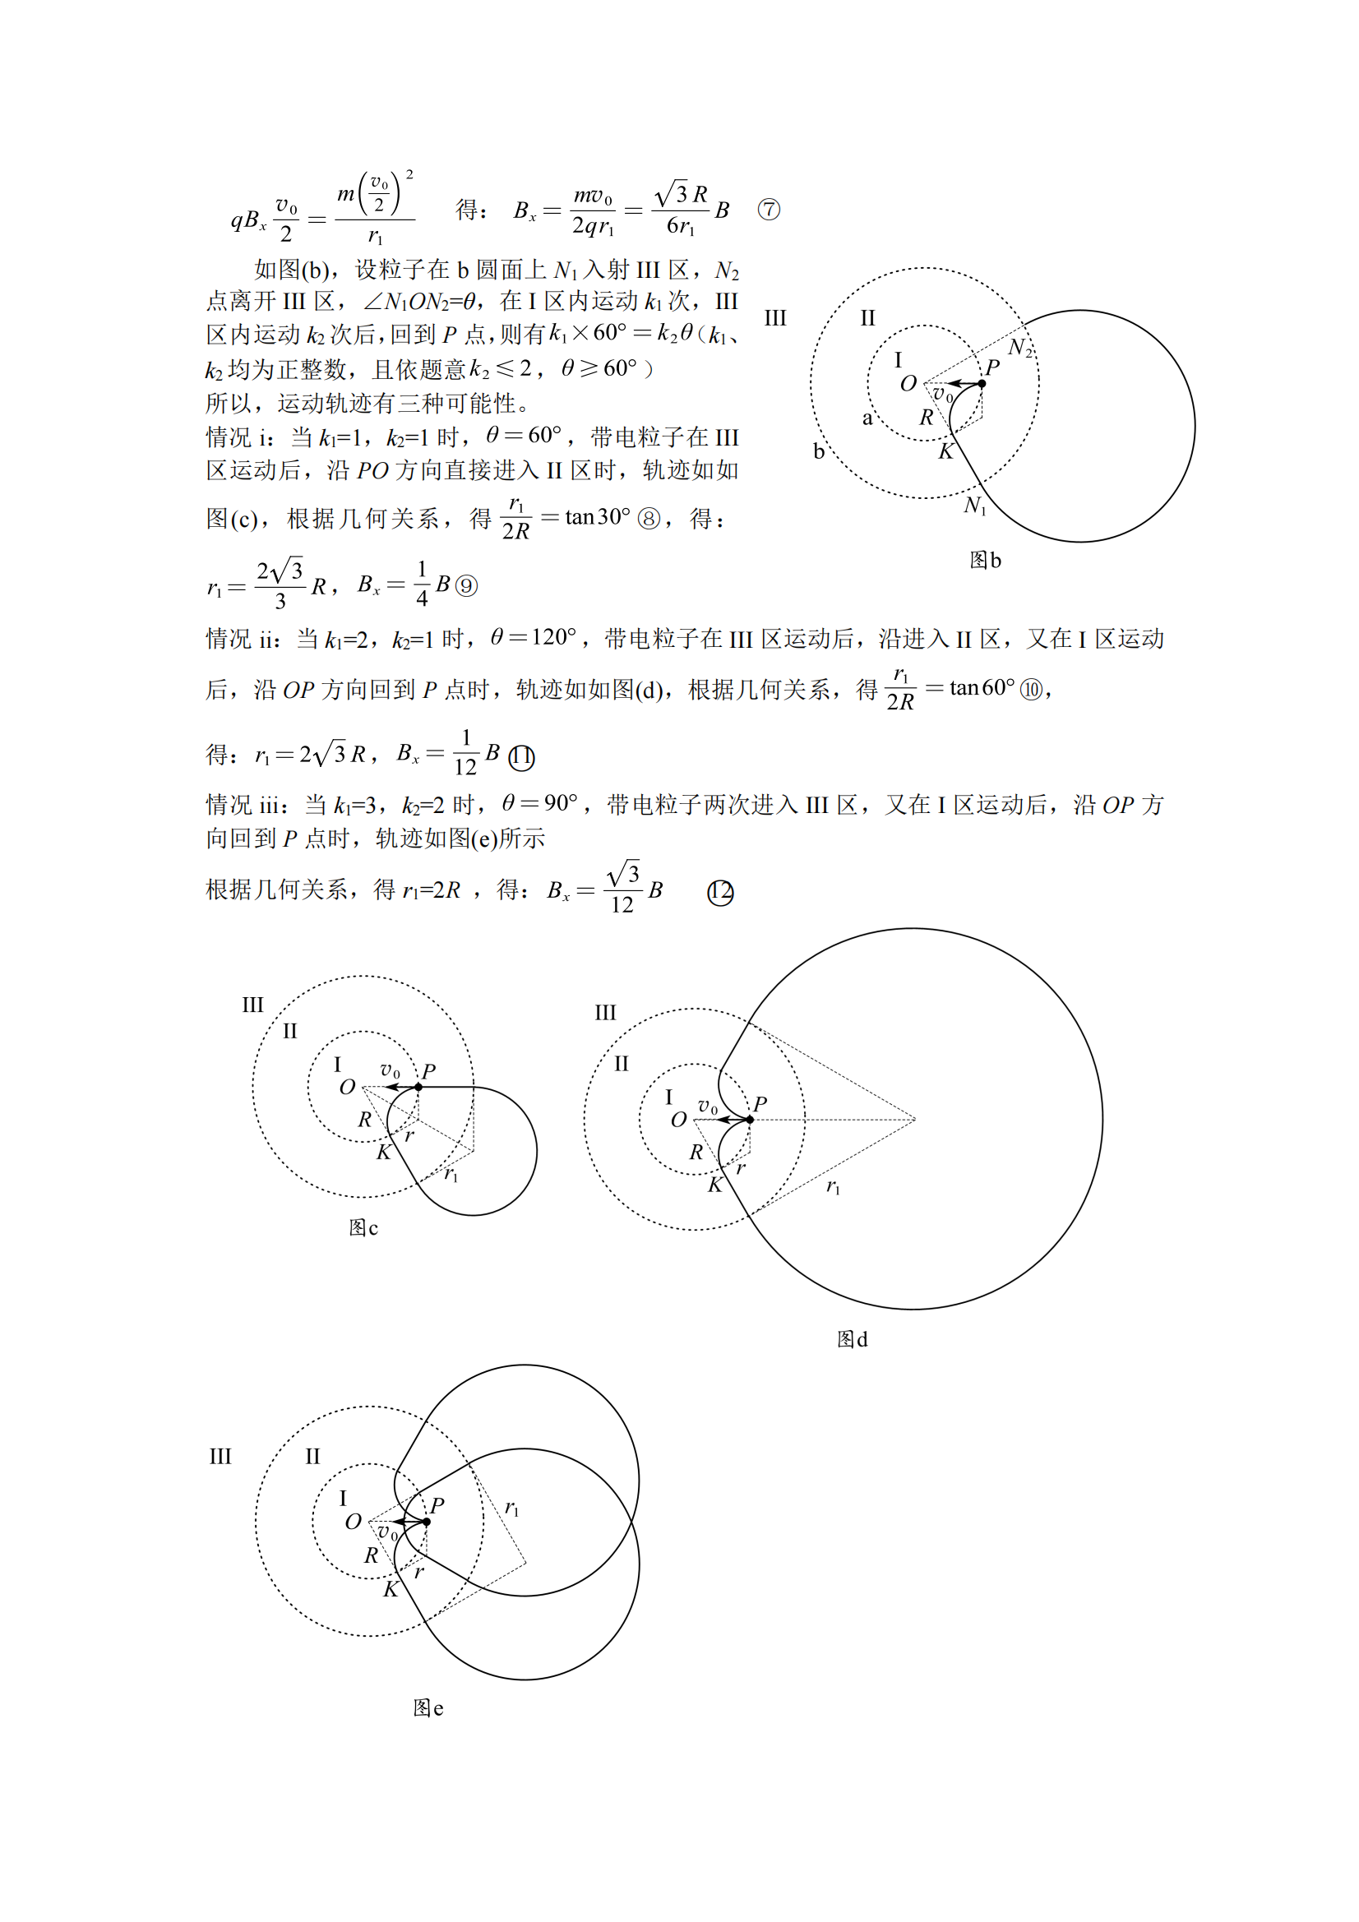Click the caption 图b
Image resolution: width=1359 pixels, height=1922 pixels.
point(985,560)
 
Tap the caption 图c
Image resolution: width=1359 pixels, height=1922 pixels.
point(363,1227)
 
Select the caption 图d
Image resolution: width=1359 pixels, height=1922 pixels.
point(852,1339)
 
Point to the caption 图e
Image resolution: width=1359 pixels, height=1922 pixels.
point(428,1707)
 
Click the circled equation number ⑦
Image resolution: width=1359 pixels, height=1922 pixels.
point(768,210)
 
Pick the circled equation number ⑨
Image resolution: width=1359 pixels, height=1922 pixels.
point(465,585)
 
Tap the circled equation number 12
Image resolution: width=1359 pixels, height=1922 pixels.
point(720,893)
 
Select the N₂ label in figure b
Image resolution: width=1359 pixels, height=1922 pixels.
point(1019,348)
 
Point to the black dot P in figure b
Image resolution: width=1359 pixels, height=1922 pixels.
point(982,383)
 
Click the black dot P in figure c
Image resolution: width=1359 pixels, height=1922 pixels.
point(418,1087)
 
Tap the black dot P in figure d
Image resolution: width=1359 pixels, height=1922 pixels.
point(750,1119)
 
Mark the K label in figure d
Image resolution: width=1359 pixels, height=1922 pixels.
point(714,1185)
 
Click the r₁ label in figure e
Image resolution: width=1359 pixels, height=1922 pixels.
point(511,1508)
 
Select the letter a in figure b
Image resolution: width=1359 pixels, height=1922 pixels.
point(867,418)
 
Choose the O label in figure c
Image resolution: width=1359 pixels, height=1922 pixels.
point(348,1088)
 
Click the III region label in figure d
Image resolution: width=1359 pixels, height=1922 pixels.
point(604,1013)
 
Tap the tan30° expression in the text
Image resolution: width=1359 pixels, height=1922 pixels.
point(597,517)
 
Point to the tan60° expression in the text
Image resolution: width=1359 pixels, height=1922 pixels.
point(982,688)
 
